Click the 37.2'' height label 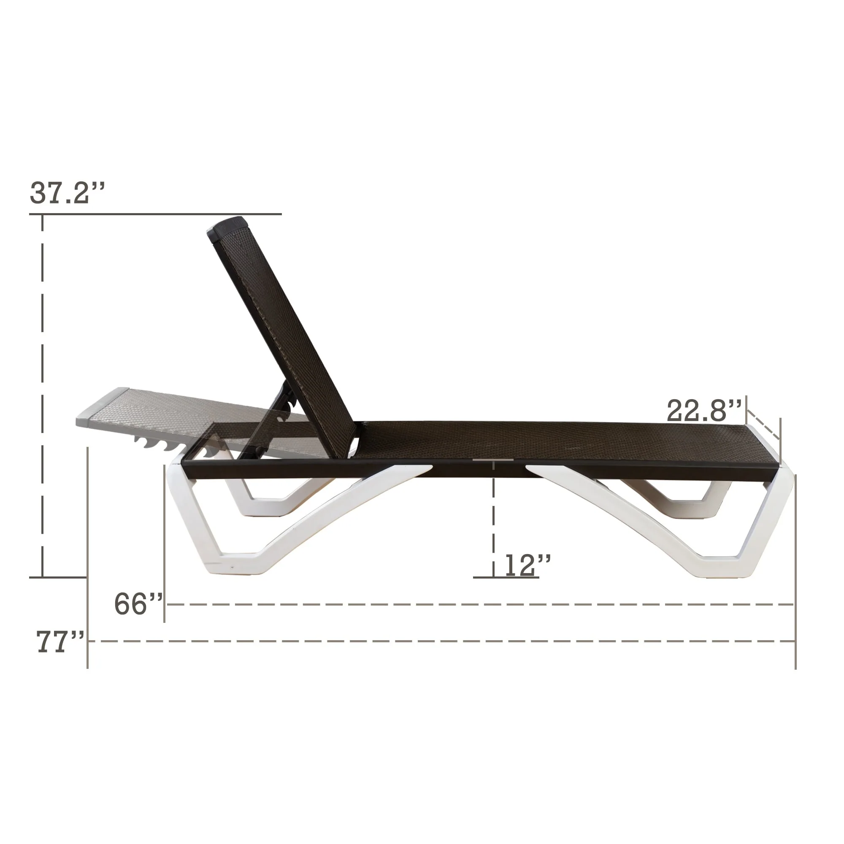point(67,193)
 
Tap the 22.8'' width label point(704,411)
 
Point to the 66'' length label point(138,604)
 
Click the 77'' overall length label point(60,642)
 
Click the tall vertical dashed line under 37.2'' point(42,393)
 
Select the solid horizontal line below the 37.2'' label point(155,214)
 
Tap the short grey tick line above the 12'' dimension point(493,460)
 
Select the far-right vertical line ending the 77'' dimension point(795,568)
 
